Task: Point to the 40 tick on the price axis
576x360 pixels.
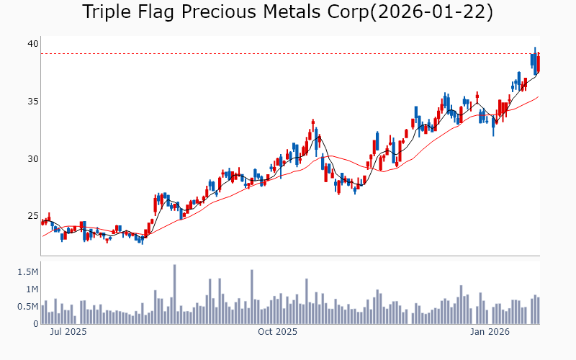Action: (x=32, y=44)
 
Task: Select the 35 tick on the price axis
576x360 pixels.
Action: (x=32, y=102)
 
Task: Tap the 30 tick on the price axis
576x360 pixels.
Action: (x=32, y=159)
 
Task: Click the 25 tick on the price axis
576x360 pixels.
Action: (x=32, y=216)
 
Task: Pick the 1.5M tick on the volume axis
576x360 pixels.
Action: (x=28, y=272)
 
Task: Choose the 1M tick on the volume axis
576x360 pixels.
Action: (x=31, y=289)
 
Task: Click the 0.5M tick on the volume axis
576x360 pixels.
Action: (x=28, y=307)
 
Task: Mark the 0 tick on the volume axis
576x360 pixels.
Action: (x=35, y=324)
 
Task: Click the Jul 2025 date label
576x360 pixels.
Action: (x=68, y=332)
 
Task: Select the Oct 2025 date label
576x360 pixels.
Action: (x=277, y=332)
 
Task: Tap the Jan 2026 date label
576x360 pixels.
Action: (x=490, y=332)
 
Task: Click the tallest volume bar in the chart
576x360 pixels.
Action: (x=174, y=294)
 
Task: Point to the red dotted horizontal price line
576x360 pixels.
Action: (x=288, y=54)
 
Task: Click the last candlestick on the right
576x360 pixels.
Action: (x=539, y=63)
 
